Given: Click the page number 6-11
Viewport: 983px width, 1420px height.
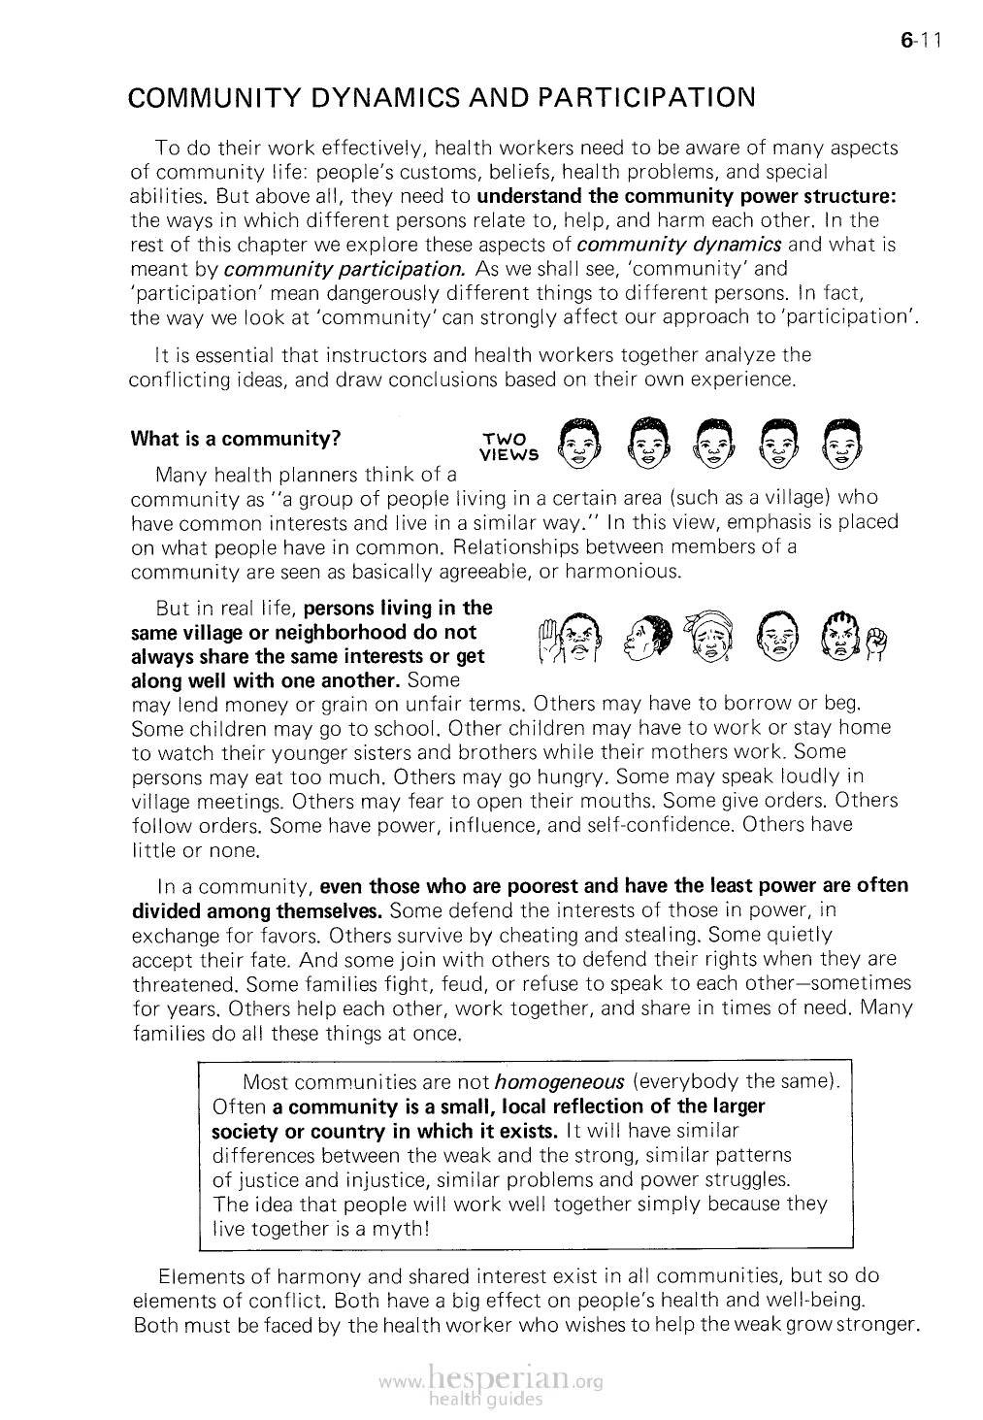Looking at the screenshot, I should [922, 41].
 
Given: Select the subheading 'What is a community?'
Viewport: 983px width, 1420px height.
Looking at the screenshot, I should [234, 438].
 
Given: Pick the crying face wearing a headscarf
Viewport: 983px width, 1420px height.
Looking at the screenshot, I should [706, 638].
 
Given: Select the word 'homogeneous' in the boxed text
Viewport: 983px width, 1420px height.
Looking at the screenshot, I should [558, 1082].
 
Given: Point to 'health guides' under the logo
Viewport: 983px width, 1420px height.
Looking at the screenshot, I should [488, 1400].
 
